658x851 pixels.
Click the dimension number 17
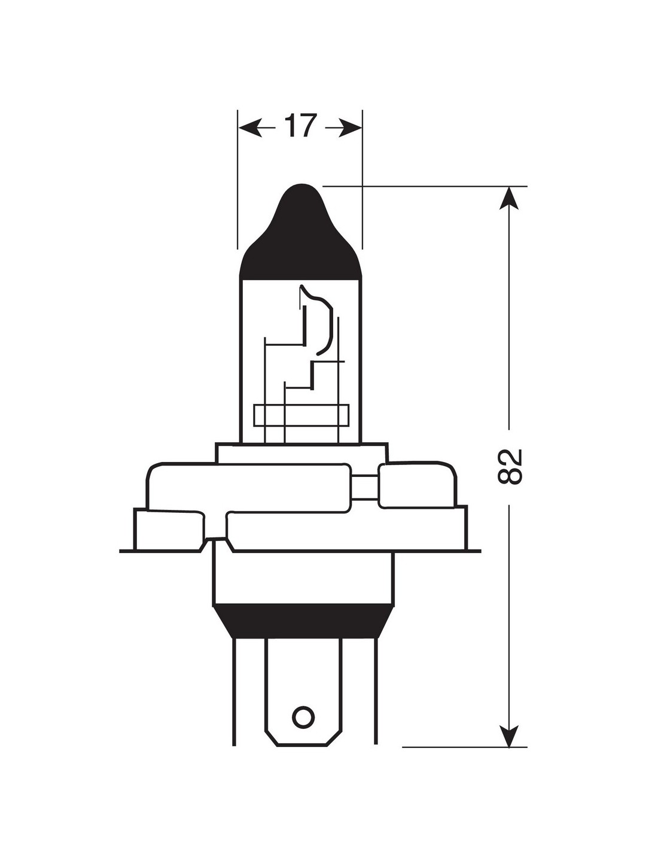coord(300,125)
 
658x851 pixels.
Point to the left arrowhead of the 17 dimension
coord(251,127)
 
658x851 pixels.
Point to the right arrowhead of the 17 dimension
coord(350,127)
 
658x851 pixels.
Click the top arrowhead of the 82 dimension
coord(509,198)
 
